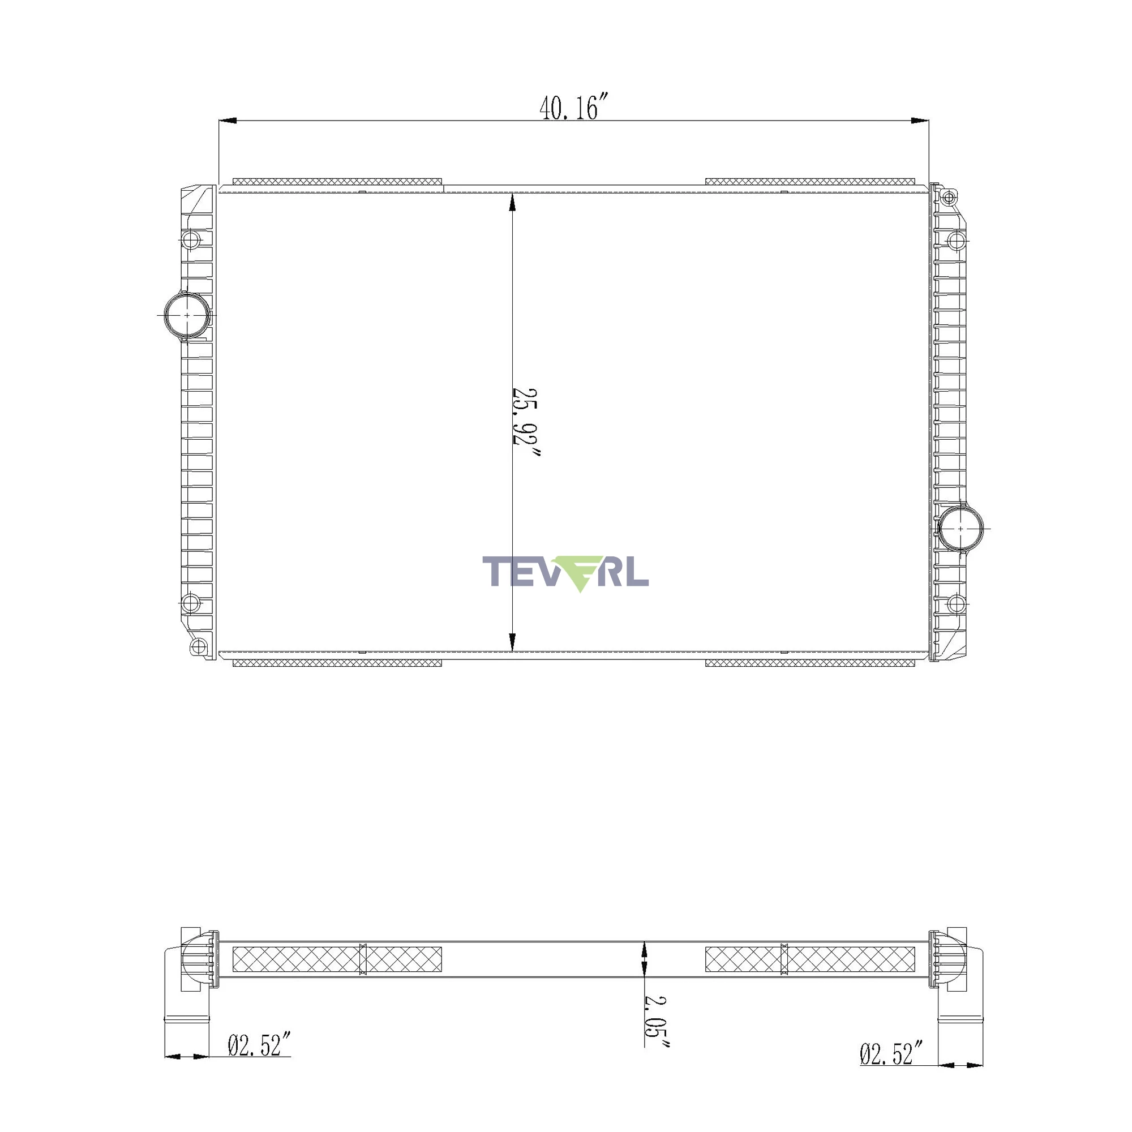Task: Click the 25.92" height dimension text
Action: click(526, 422)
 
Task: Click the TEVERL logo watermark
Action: click(565, 573)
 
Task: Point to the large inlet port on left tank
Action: click(187, 315)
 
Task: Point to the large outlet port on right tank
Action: click(961, 529)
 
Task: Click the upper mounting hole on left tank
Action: click(190, 239)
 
